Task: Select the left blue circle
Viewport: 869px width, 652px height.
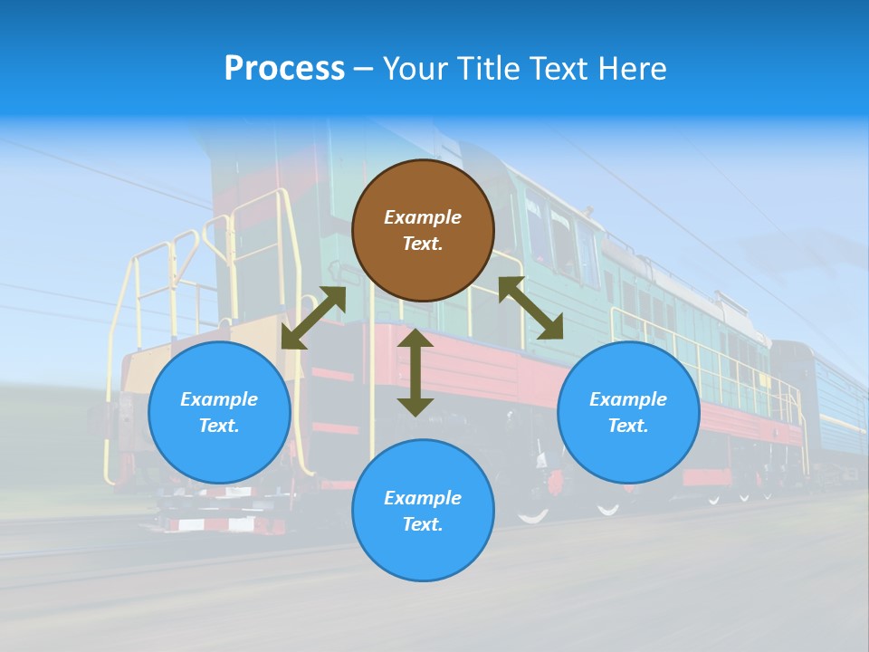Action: click(219, 412)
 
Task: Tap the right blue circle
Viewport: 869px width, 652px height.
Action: click(628, 412)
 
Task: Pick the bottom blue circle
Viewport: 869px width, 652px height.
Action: click(423, 511)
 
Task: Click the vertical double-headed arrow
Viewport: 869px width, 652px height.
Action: click(415, 372)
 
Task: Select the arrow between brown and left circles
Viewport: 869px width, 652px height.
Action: click(313, 318)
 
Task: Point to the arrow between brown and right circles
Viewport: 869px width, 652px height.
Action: click(530, 308)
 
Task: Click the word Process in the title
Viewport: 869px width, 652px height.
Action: click(284, 68)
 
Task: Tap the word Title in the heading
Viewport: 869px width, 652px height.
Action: click(488, 68)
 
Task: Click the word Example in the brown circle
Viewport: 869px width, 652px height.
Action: click(423, 217)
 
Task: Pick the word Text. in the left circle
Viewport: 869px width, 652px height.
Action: click(219, 426)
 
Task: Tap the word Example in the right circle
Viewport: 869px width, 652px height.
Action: click(628, 399)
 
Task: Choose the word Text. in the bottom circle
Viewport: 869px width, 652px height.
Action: click(423, 524)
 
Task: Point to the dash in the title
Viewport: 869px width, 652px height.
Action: click(364, 69)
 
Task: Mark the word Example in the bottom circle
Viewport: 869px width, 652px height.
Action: click(423, 498)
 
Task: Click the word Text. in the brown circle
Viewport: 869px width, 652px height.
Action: click(423, 244)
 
